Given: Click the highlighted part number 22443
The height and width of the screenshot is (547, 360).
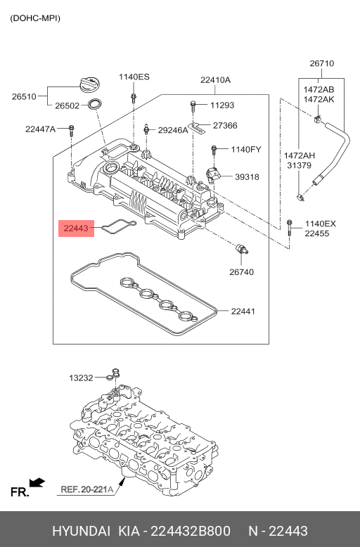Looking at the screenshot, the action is click(76, 229).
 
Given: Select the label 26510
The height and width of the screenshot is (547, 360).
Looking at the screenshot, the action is click(24, 96).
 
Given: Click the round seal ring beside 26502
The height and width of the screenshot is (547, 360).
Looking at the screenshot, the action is click(95, 103).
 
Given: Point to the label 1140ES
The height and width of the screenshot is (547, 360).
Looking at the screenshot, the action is click(134, 77).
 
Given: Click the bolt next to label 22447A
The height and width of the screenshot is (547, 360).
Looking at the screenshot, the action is click(72, 131).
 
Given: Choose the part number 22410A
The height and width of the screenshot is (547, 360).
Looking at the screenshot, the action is click(215, 80).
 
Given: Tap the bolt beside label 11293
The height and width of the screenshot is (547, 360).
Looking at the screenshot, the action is click(193, 105).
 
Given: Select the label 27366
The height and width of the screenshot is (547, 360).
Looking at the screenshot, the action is click(225, 125).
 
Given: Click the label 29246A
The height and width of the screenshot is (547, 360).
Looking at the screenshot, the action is click(173, 130).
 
